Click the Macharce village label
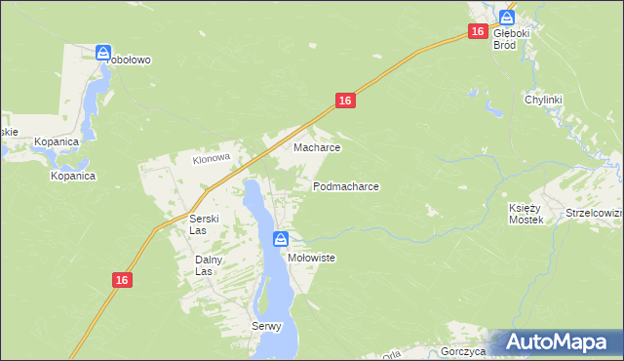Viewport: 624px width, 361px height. click(x=317, y=148)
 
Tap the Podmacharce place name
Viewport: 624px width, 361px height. click(x=346, y=185)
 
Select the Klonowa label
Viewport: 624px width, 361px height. click(x=211, y=158)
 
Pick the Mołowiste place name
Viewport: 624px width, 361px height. click(x=312, y=258)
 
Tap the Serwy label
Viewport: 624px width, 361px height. click(x=266, y=326)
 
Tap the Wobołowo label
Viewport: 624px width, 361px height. click(x=124, y=60)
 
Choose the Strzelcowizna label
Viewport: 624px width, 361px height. click(x=594, y=213)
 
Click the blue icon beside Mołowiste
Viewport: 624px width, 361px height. click(x=281, y=239)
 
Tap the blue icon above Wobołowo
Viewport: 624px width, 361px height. click(x=103, y=52)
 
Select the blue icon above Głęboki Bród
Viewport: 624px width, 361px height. click(x=506, y=17)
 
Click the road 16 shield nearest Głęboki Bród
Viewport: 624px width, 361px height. click(x=477, y=32)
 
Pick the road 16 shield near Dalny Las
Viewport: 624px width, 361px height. click(x=121, y=280)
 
